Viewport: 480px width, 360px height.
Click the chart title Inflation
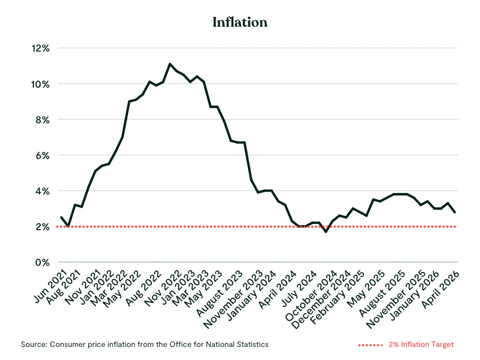click(x=240, y=22)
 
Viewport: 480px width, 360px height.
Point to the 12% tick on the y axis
click(x=40, y=48)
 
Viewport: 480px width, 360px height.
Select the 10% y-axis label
click(x=40, y=84)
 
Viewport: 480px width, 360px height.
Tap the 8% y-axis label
click(x=43, y=120)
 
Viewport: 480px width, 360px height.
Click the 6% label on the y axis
click(x=43, y=156)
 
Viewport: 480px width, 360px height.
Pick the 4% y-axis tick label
click(x=43, y=191)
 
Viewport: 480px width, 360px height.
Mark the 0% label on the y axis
click(x=43, y=262)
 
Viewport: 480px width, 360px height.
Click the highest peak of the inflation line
click(x=170, y=64)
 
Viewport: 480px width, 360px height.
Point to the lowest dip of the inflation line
click(x=326, y=232)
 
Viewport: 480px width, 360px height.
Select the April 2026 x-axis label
click(x=441, y=290)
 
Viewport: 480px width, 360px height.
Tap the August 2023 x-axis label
click(x=219, y=293)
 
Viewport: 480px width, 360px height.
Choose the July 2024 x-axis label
click(x=299, y=289)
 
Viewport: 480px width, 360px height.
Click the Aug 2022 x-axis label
click(x=143, y=288)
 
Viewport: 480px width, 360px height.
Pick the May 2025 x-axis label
click(x=366, y=289)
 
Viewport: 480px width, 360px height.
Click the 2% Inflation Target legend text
click(x=421, y=345)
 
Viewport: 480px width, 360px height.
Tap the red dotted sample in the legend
click(x=370, y=345)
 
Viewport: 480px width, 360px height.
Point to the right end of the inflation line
click(x=455, y=212)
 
